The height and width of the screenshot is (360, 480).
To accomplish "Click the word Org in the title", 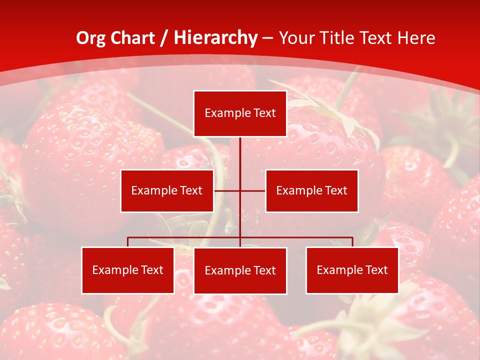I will (x=89, y=38).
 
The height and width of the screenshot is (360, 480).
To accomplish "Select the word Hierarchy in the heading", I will (x=215, y=38).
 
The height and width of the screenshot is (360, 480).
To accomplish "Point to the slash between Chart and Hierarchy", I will (x=163, y=38).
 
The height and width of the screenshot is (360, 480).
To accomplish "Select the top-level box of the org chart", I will (x=240, y=113).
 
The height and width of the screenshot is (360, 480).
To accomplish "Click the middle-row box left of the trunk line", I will (x=167, y=190).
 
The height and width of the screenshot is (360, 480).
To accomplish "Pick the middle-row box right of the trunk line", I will (x=311, y=190).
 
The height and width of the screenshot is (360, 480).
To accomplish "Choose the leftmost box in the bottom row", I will (x=127, y=270).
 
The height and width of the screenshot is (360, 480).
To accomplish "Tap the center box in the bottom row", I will (x=240, y=271).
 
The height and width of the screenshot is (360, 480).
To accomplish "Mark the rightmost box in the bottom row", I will (x=352, y=270).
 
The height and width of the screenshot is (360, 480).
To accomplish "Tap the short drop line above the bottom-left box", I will (x=127, y=242).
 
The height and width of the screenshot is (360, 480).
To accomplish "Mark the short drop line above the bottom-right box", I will (x=352, y=242).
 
